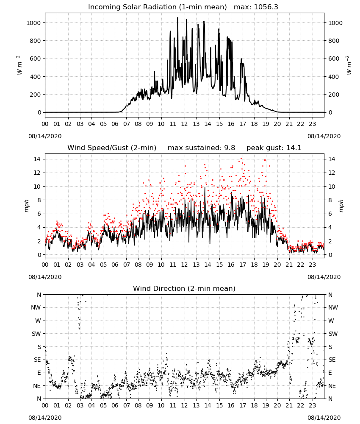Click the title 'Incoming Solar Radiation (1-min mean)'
point(158,7)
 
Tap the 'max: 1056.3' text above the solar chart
point(256,7)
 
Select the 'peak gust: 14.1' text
point(274,148)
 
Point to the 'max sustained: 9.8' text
point(201,148)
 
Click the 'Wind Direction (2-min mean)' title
point(184,288)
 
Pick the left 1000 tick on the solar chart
point(33,23)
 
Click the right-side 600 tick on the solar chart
point(334,59)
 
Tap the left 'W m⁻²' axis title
point(19,65)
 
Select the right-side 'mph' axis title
point(341,206)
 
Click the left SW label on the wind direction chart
point(36,334)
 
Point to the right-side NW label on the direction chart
point(333,307)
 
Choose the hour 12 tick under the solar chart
point(185,124)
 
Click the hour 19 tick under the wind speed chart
point(266,265)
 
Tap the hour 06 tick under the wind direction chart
point(115,405)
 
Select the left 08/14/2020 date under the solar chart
point(45,136)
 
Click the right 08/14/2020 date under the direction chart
point(324,418)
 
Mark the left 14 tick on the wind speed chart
point(37,159)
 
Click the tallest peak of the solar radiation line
point(178,17)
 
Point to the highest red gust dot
point(241,159)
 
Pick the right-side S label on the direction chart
point(330,347)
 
